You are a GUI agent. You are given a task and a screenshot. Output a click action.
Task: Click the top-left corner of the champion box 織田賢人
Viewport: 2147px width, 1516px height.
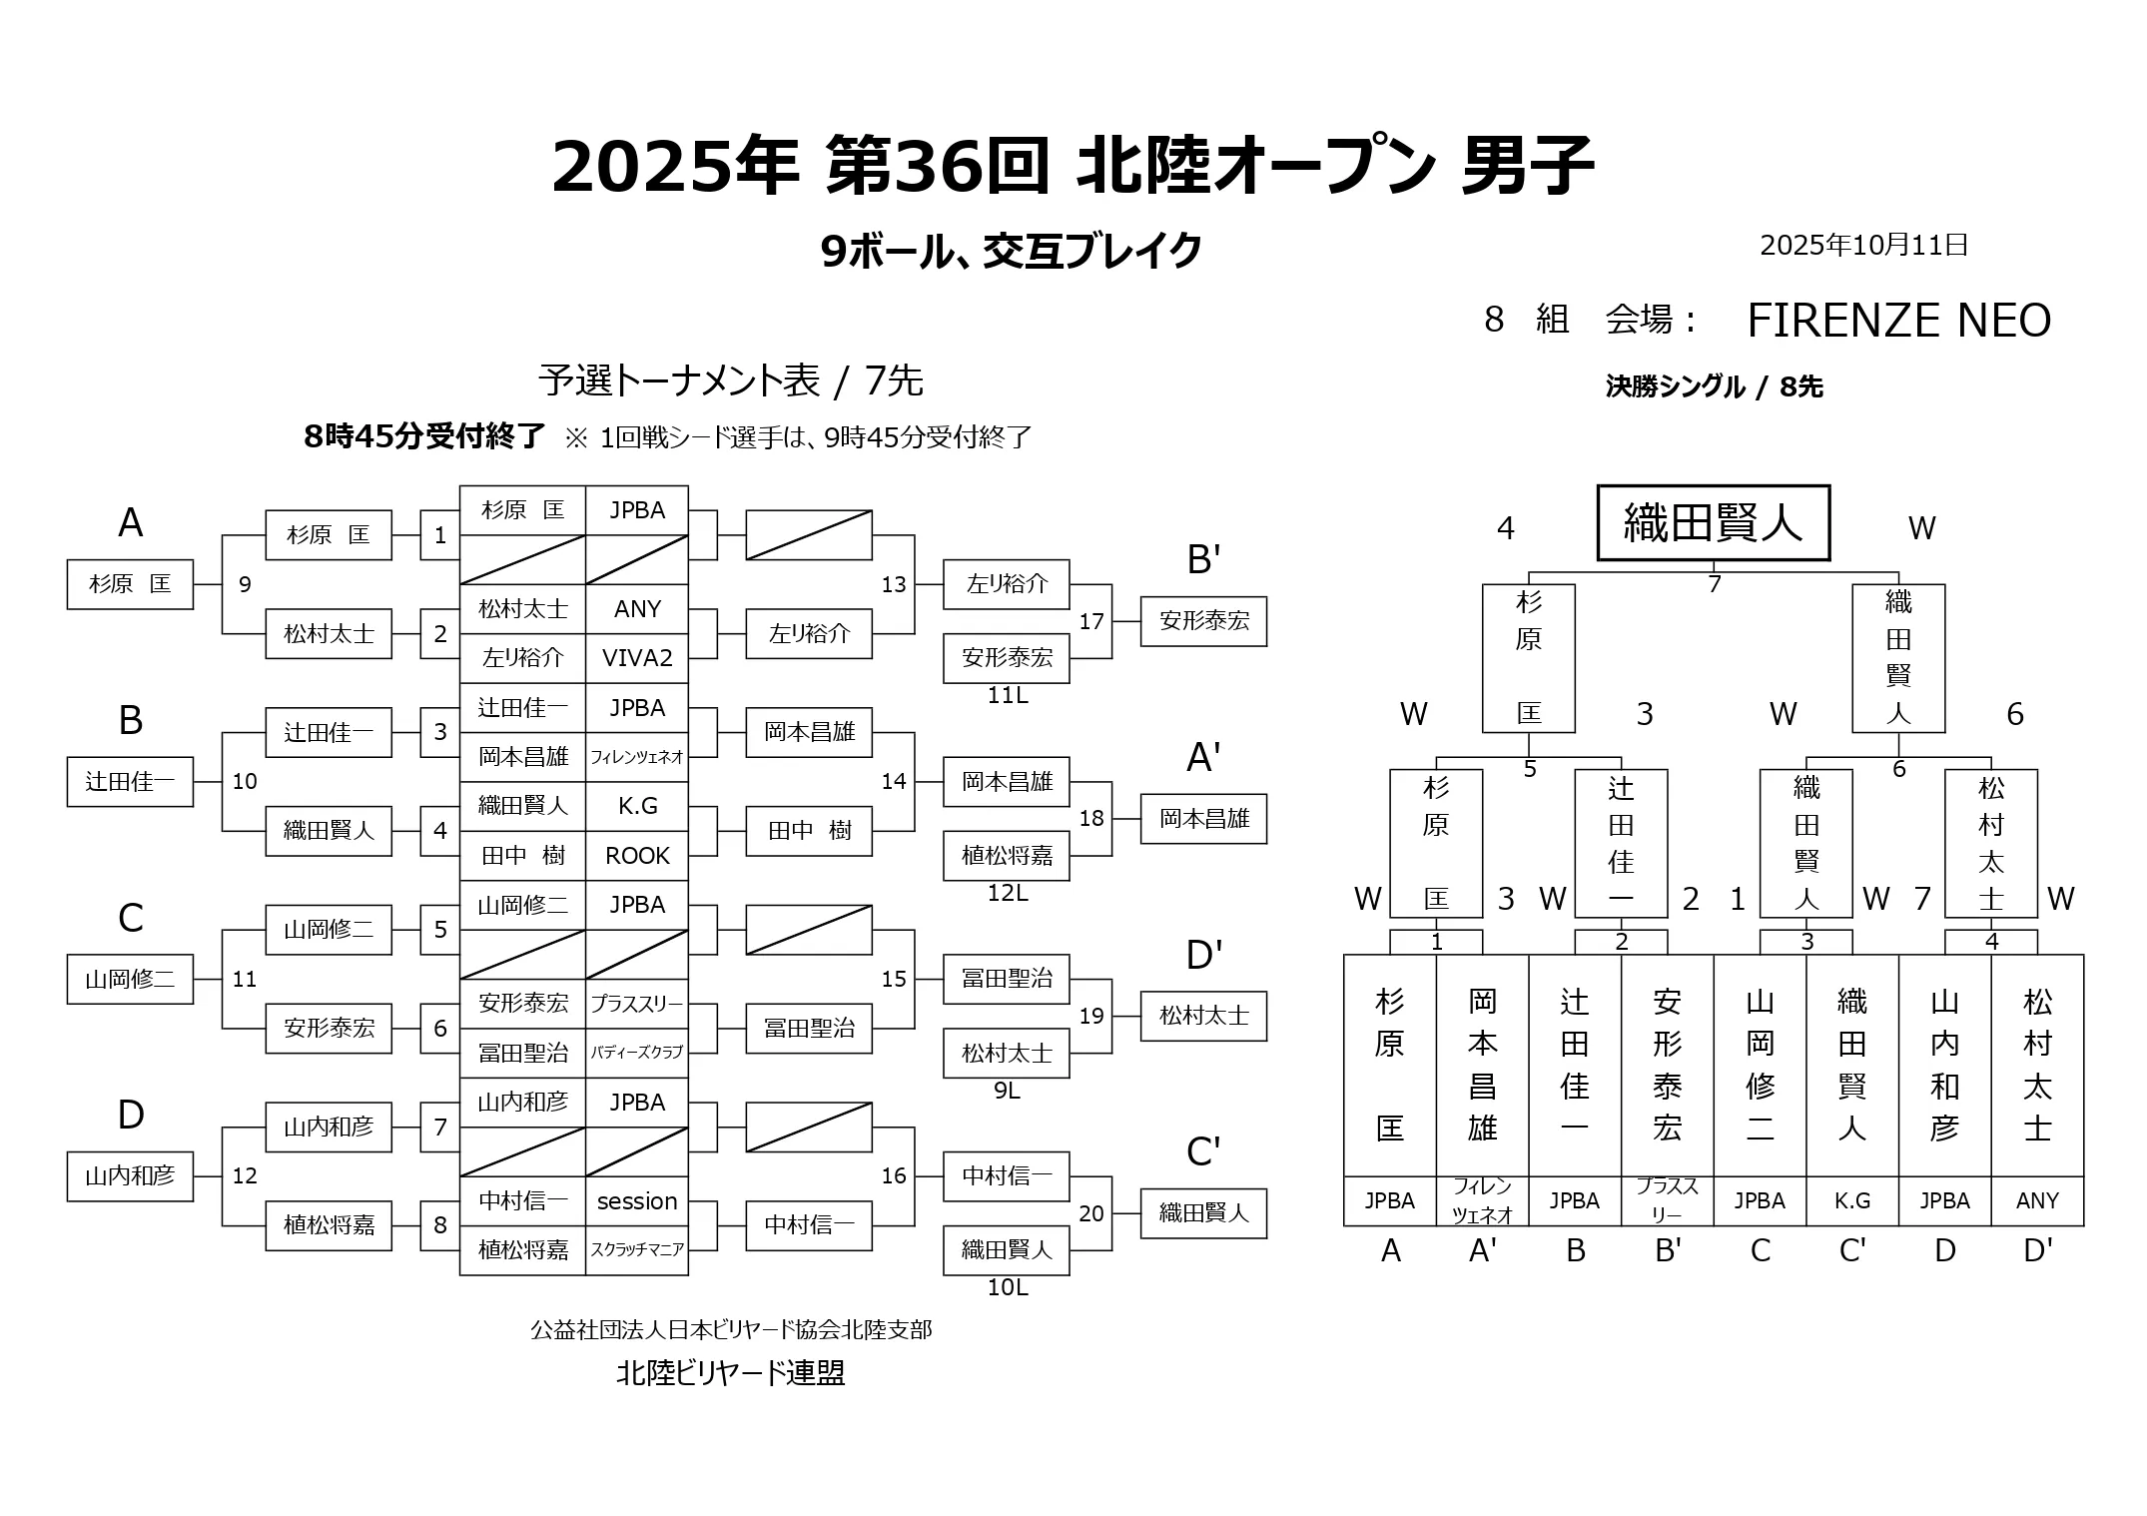click(x=1598, y=486)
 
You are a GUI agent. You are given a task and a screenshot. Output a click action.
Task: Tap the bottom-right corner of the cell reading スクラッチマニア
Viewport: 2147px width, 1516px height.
click(x=688, y=1275)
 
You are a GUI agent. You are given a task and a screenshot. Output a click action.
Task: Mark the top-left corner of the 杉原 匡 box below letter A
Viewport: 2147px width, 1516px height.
click(x=67, y=560)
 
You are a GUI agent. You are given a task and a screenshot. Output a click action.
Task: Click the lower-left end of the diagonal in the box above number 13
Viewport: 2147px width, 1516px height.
click(x=747, y=559)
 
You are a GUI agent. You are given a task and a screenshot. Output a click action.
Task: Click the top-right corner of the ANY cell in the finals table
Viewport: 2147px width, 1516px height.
click(x=2084, y=1176)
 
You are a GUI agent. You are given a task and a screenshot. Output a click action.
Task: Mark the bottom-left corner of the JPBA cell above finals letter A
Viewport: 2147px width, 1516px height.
click(x=1344, y=1225)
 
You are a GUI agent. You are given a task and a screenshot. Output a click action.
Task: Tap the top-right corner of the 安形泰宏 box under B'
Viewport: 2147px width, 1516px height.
click(x=1266, y=597)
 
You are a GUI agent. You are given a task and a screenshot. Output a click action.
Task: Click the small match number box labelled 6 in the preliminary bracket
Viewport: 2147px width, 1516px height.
click(x=440, y=1029)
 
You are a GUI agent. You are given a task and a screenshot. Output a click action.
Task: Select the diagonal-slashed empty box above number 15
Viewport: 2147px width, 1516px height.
click(x=809, y=930)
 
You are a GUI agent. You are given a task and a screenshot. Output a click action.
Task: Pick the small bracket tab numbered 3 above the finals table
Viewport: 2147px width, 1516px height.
click(x=1806, y=942)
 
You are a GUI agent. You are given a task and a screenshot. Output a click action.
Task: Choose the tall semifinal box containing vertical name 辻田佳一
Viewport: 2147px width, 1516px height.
click(x=1621, y=844)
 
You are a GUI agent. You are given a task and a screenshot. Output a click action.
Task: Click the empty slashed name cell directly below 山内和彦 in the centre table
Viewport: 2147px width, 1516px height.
click(x=522, y=1151)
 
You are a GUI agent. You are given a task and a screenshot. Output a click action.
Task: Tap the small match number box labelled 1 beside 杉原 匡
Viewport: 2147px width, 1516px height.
click(x=440, y=535)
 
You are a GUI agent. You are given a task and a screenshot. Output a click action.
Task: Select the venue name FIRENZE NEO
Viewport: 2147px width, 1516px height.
click(x=1899, y=321)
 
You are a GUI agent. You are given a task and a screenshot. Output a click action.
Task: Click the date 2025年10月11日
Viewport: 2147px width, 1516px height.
click(x=1863, y=246)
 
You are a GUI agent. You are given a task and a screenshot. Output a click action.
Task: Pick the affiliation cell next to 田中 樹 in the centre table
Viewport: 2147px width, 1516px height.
click(x=637, y=856)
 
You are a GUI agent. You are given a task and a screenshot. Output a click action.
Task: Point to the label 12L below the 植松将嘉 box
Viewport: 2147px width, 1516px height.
click(x=1007, y=893)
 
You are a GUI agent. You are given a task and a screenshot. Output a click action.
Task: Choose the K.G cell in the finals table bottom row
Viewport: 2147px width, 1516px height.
click(x=1852, y=1201)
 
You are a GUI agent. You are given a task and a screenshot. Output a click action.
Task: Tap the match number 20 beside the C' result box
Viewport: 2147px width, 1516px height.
click(x=1091, y=1213)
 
